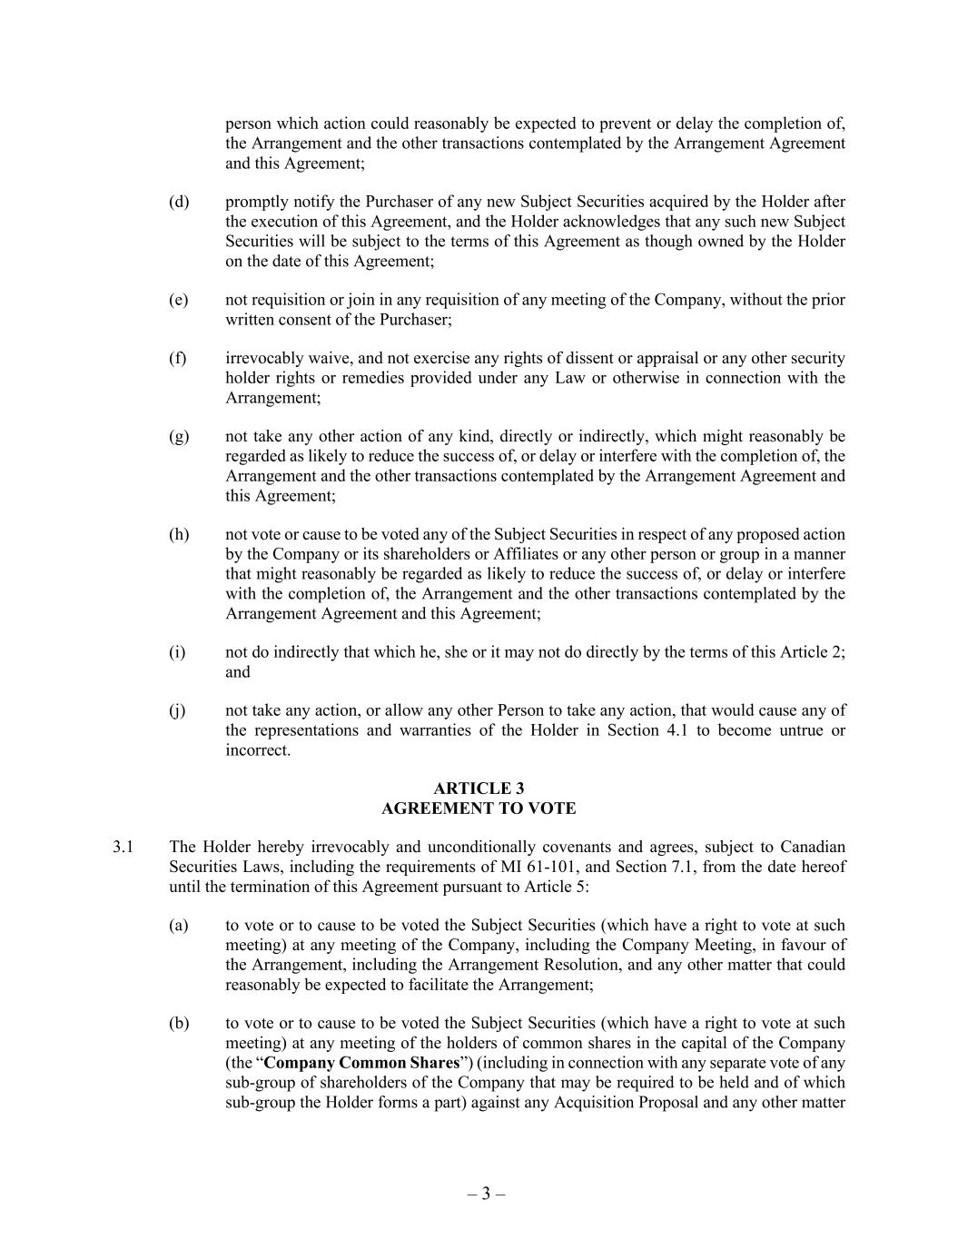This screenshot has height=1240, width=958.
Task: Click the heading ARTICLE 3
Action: point(479,789)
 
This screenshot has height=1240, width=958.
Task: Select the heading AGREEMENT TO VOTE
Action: point(479,808)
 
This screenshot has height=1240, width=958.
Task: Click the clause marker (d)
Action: point(179,202)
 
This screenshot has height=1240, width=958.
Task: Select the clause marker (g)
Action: point(179,437)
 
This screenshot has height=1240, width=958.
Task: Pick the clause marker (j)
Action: point(177,710)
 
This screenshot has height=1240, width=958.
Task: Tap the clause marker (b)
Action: point(179,1024)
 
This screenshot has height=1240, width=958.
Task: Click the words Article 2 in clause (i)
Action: point(811,652)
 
